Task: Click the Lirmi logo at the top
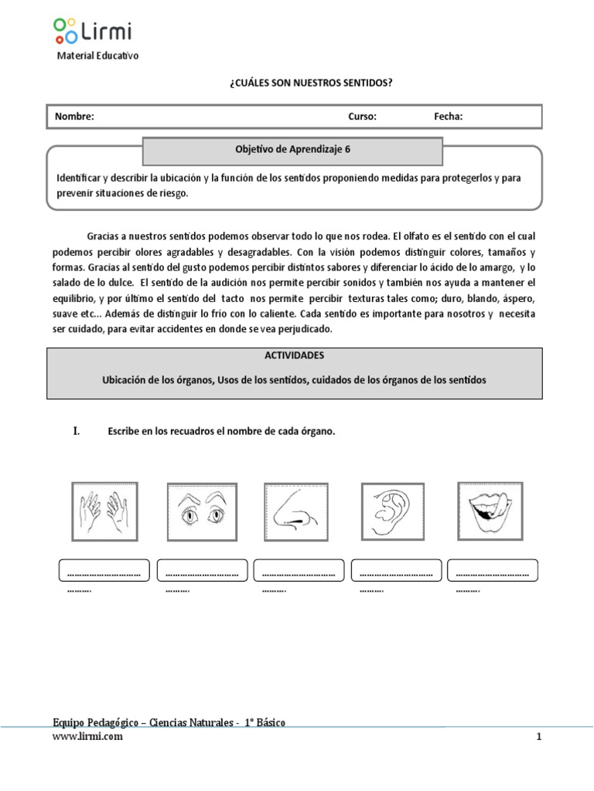click(x=93, y=30)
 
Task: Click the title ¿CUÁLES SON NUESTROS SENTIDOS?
click(x=306, y=82)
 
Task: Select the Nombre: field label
click(x=74, y=117)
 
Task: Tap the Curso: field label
click(x=362, y=117)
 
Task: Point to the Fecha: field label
click(x=449, y=117)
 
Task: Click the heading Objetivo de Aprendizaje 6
click(x=293, y=151)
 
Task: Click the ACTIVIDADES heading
click(x=294, y=356)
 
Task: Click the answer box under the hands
click(x=104, y=571)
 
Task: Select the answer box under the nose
click(x=299, y=571)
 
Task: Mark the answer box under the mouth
click(x=493, y=571)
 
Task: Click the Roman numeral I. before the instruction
click(x=77, y=432)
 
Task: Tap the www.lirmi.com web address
click(x=87, y=737)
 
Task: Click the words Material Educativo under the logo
click(x=98, y=56)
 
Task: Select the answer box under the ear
click(x=395, y=571)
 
